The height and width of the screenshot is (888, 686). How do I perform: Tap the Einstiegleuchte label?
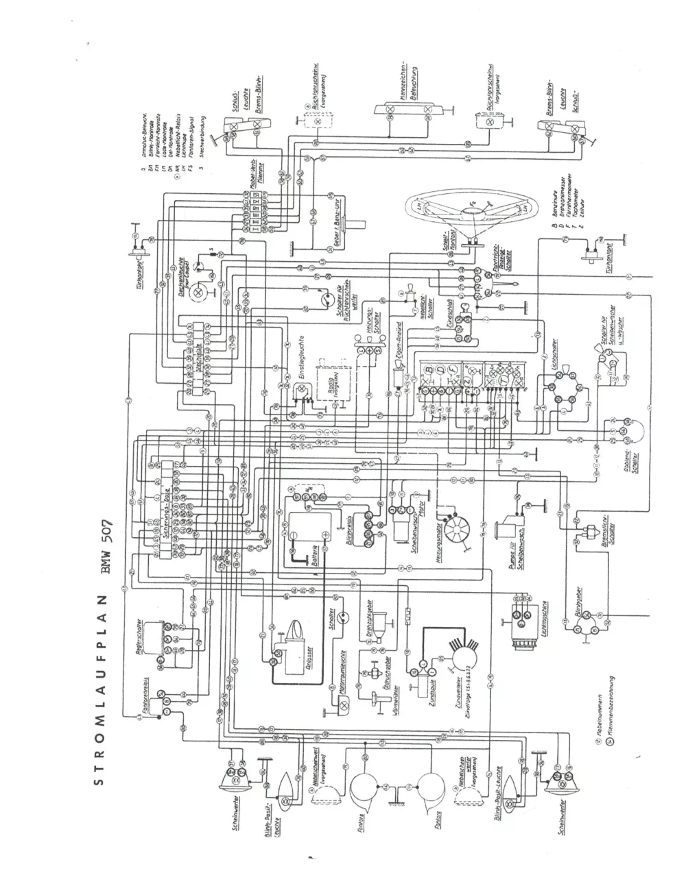[x=300, y=357]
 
